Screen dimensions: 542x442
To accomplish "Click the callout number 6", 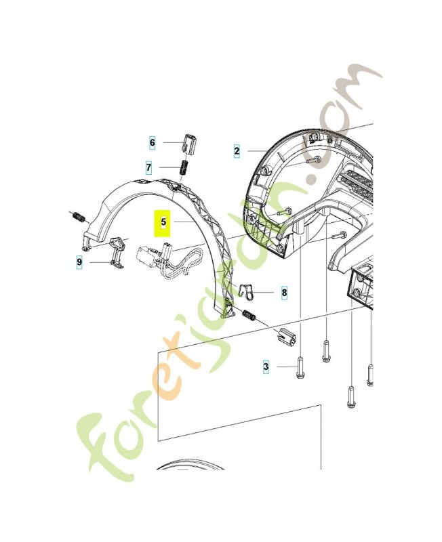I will [x=153, y=143].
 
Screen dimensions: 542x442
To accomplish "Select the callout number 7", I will [x=148, y=167].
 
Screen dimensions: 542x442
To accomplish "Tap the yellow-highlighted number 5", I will [x=163, y=222].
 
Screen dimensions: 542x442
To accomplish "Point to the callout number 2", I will [x=237, y=150].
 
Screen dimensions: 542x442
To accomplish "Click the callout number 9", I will [x=79, y=261].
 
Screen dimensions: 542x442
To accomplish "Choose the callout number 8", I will [x=284, y=293].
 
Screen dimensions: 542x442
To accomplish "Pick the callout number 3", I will [x=266, y=367].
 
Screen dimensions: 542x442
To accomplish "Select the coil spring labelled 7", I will [x=182, y=167].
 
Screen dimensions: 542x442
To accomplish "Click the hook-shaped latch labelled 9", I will [x=117, y=251].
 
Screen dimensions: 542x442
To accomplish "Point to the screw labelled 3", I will [x=300, y=370].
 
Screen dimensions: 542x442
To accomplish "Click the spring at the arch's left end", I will [x=78, y=217].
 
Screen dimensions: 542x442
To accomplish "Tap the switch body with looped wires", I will [x=150, y=257].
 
